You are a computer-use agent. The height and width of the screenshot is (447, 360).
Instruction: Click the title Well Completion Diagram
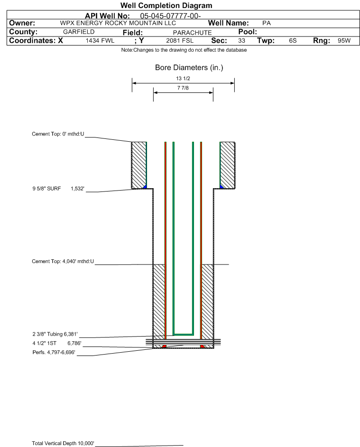tap(166, 5)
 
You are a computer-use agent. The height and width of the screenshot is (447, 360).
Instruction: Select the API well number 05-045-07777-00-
tap(170, 16)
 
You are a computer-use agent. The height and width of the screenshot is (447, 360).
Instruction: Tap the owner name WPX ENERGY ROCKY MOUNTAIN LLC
tap(118, 23)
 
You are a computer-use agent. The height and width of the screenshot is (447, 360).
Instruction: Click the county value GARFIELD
tap(79, 32)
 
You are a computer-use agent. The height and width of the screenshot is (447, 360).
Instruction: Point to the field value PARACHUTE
tap(192, 33)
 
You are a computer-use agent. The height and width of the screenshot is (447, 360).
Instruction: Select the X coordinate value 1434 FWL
tap(100, 40)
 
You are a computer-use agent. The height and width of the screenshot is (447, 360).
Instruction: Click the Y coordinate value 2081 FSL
tap(180, 40)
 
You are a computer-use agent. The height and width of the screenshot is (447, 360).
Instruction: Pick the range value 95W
tap(344, 40)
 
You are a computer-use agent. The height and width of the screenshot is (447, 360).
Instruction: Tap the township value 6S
tap(293, 40)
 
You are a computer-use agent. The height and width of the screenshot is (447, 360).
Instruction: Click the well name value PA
tap(267, 23)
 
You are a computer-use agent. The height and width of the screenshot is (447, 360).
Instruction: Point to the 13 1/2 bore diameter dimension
tap(183, 78)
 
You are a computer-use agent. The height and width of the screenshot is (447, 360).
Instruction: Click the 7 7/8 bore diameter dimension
tap(183, 88)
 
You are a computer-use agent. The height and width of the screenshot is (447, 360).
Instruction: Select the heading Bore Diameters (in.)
tap(189, 68)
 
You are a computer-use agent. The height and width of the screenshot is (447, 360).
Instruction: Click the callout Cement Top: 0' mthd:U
tap(58, 134)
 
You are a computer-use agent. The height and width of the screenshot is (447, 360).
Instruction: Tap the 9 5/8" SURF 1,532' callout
tap(58, 189)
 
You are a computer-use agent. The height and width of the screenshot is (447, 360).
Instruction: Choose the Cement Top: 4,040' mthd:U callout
tap(63, 261)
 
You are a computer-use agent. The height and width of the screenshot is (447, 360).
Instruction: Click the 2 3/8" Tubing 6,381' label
tap(55, 334)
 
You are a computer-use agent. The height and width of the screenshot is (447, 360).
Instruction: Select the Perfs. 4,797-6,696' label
tap(54, 352)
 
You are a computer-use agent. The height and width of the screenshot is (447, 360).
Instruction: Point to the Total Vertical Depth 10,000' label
tap(63, 443)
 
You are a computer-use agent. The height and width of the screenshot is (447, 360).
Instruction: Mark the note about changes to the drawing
tap(184, 50)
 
